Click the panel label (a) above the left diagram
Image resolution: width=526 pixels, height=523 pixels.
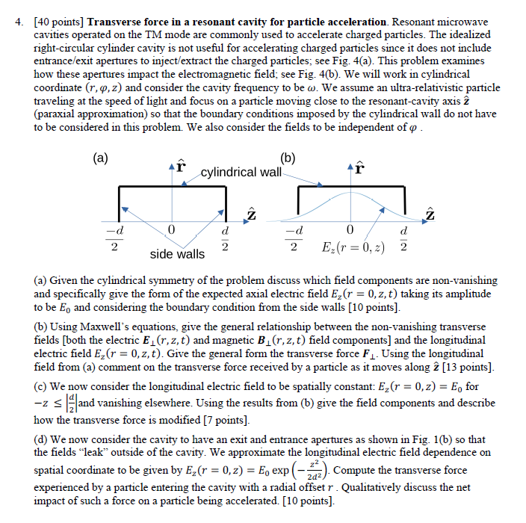point(100,158)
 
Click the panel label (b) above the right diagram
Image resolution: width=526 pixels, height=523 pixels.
point(289,158)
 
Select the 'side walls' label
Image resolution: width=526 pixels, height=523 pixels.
point(177,254)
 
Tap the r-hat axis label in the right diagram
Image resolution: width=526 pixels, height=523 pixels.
point(359,167)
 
